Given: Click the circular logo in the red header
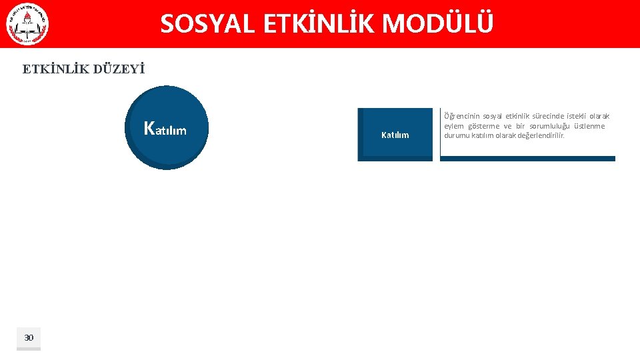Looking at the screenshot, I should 27,24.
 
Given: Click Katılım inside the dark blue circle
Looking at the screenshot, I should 165,129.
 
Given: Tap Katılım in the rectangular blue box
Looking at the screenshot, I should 395,135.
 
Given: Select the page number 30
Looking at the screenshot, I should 29,338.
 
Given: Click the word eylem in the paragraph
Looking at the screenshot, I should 454,126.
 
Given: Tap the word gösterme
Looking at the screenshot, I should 483,126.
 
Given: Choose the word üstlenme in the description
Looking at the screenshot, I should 591,126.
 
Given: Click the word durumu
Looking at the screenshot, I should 457,135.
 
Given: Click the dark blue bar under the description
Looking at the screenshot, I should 527,159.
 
